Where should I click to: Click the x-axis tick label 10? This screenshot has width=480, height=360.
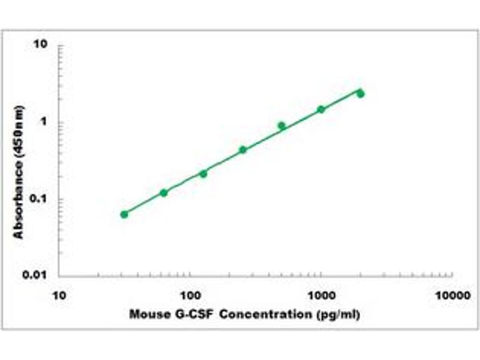[x=58, y=296]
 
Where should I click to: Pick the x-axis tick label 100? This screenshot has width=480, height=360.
[x=190, y=296]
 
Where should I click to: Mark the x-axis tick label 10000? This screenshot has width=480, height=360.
[x=452, y=296]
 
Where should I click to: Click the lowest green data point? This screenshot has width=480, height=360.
[x=124, y=214]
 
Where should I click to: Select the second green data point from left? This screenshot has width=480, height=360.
[x=164, y=193]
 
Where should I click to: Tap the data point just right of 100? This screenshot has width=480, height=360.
[x=203, y=173]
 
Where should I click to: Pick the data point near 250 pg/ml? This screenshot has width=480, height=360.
[x=243, y=149]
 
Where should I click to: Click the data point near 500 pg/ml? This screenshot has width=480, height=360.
[x=281, y=125]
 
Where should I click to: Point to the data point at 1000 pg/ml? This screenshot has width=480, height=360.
[x=321, y=109]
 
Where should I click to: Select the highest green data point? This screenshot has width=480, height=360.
[x=361, y=93]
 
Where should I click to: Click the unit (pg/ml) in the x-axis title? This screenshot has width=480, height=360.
[x=339, y=314]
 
